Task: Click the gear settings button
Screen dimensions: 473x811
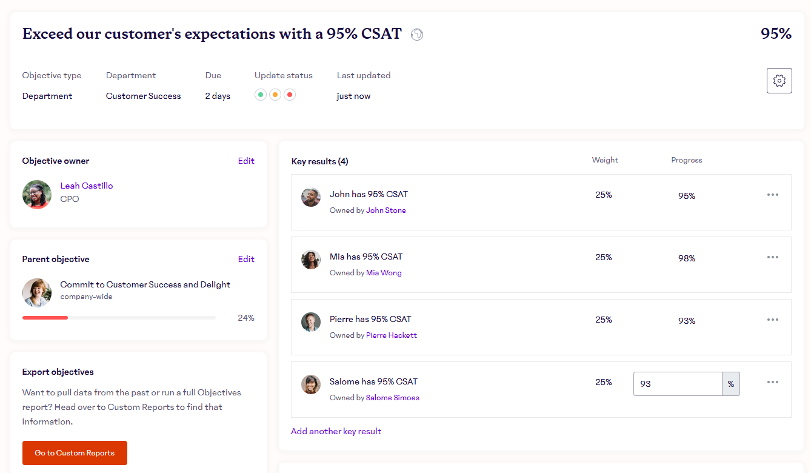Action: tap(779, 81)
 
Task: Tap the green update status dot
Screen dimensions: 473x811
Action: tap(261, 95)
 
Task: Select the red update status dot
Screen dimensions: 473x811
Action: tap(290, 95)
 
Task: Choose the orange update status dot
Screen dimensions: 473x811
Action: tap(275, 95)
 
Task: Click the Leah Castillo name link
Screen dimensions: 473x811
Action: tap(87, 186)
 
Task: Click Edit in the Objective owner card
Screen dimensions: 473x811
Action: tap(246, 161)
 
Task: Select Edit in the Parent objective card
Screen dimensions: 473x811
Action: tap(246, 259)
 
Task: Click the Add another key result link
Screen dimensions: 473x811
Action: tap(336, 431)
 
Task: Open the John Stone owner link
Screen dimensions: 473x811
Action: tap(386, 210)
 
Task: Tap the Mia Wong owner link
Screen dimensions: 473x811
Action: tap(384, 273)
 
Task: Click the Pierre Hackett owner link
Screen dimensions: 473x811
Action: tap(392, 335)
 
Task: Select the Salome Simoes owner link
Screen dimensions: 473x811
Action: tap(393, 398)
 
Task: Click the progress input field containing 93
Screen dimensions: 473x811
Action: tap(678, 384)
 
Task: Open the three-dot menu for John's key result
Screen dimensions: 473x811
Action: tap(773, 195)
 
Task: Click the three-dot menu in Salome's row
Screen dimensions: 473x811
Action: tap(773, 382)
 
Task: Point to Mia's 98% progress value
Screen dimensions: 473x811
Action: tap(687, 258)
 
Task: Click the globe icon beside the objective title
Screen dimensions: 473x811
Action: tap(417, 35)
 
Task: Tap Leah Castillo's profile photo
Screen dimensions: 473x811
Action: tap(37, 195)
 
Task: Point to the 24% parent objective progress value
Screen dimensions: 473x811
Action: tap(246, 318)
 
